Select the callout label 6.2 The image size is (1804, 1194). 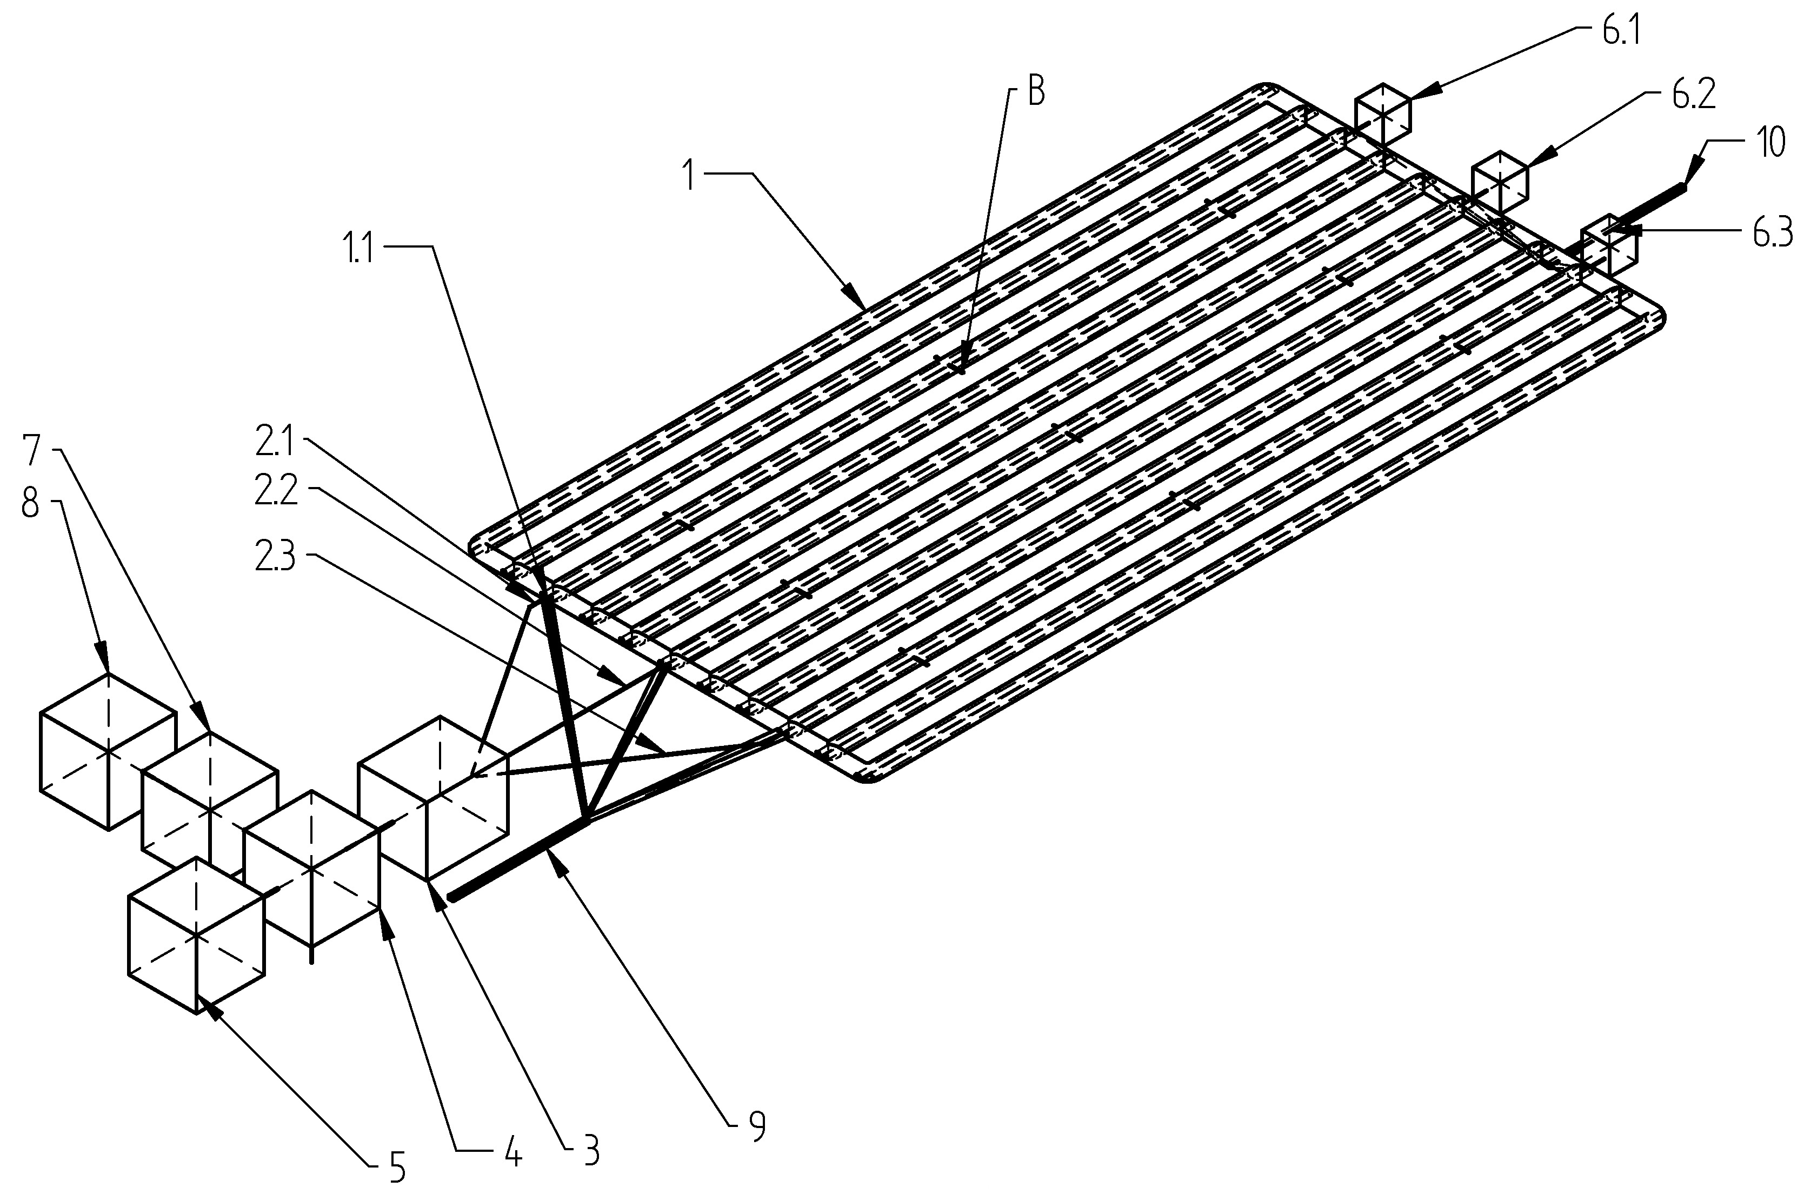coord(1694,96)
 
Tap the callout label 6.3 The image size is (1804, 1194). coord(1773,235)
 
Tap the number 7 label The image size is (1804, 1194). coord(32,451)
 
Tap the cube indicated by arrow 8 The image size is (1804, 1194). coord(108,751)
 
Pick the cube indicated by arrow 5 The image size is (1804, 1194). coord(196,935)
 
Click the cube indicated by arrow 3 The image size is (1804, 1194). coord(432,797)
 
